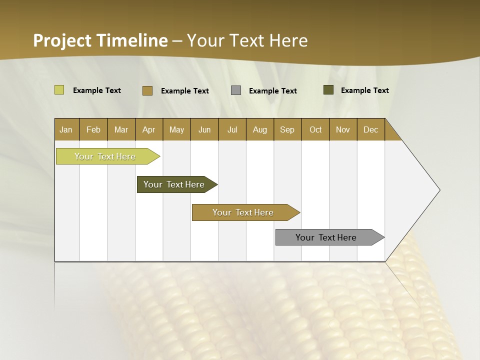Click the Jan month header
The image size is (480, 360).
click(x=66, y=129)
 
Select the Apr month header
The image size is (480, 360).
click(x=148, y=129)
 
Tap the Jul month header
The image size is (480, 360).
click(x=232, y=129)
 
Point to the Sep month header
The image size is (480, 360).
click(x=287, y=129)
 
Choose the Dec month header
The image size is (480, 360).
click(x=370, y=129)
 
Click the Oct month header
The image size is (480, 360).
click(x=315, y=129)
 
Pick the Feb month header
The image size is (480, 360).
click(x=93, y=129)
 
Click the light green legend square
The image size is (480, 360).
click(x=59, y=90)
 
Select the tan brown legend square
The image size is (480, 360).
click(x=147, y=90)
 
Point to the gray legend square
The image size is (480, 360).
click(x=236, y=90)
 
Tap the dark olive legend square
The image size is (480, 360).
click(x=328, y=90)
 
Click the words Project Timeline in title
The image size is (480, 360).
click(x=100, y=40)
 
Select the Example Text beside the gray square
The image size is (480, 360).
click(x=273, y=91)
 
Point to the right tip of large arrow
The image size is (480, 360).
click(x=439, y=190)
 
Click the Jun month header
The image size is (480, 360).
click(x=204, y=129)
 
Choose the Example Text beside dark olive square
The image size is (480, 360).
click(x=365, y=90)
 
